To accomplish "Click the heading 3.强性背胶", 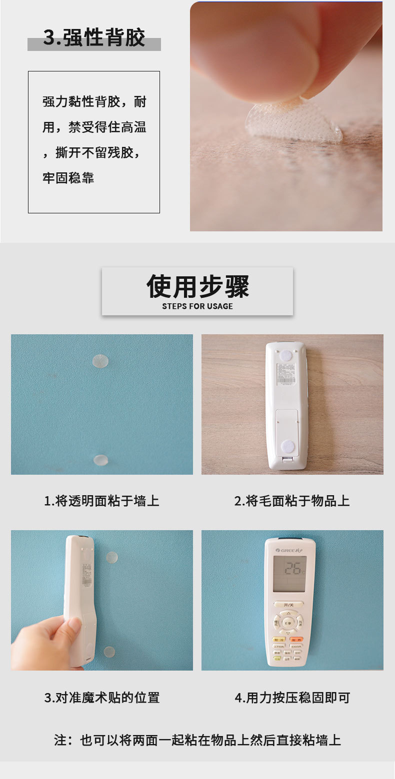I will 94,38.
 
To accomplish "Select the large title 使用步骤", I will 197,286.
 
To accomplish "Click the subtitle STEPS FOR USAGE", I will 197,306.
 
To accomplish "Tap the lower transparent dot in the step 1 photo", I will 101,459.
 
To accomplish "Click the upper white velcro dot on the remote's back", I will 286,355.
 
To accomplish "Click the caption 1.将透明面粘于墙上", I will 101,501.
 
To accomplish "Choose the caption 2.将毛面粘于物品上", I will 292,501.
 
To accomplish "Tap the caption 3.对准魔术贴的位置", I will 101,698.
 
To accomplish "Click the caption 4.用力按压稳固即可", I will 292,698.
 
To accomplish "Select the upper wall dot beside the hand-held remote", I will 111,557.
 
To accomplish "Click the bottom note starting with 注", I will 197,740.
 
